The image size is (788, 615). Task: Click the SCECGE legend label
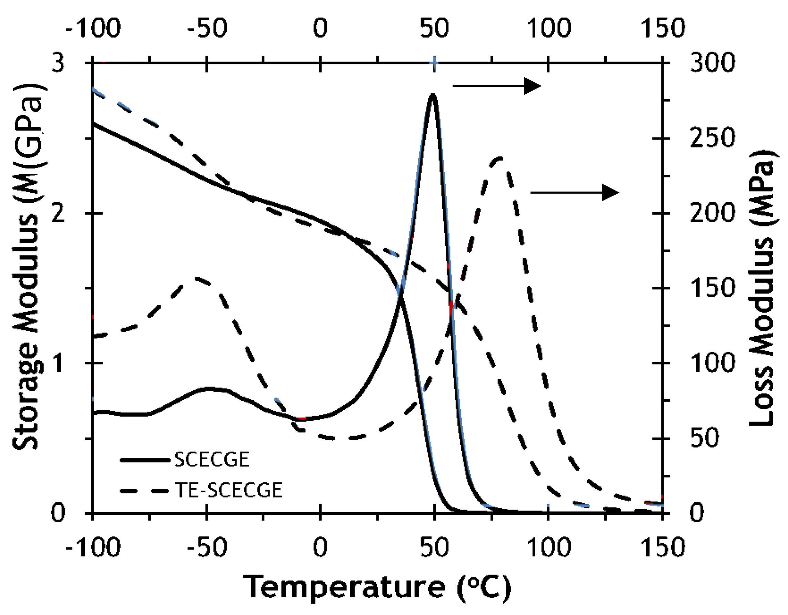pos(212,460)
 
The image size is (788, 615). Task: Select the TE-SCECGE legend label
pos(229,490)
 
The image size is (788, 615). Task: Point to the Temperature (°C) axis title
pos(377,587)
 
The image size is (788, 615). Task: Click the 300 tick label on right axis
pos(712,62)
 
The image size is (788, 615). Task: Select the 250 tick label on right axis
pos(712,138)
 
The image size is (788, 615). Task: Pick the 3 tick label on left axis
pos(58,62)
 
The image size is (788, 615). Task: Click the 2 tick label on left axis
pos(58,213)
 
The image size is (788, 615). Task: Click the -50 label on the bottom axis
pos(207,547)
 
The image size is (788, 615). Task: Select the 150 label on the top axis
pos(663,28)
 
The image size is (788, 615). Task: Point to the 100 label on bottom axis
pos(549,547)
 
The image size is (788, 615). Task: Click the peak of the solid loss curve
pos(433,95)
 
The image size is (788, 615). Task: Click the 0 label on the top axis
pos(320,28)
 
